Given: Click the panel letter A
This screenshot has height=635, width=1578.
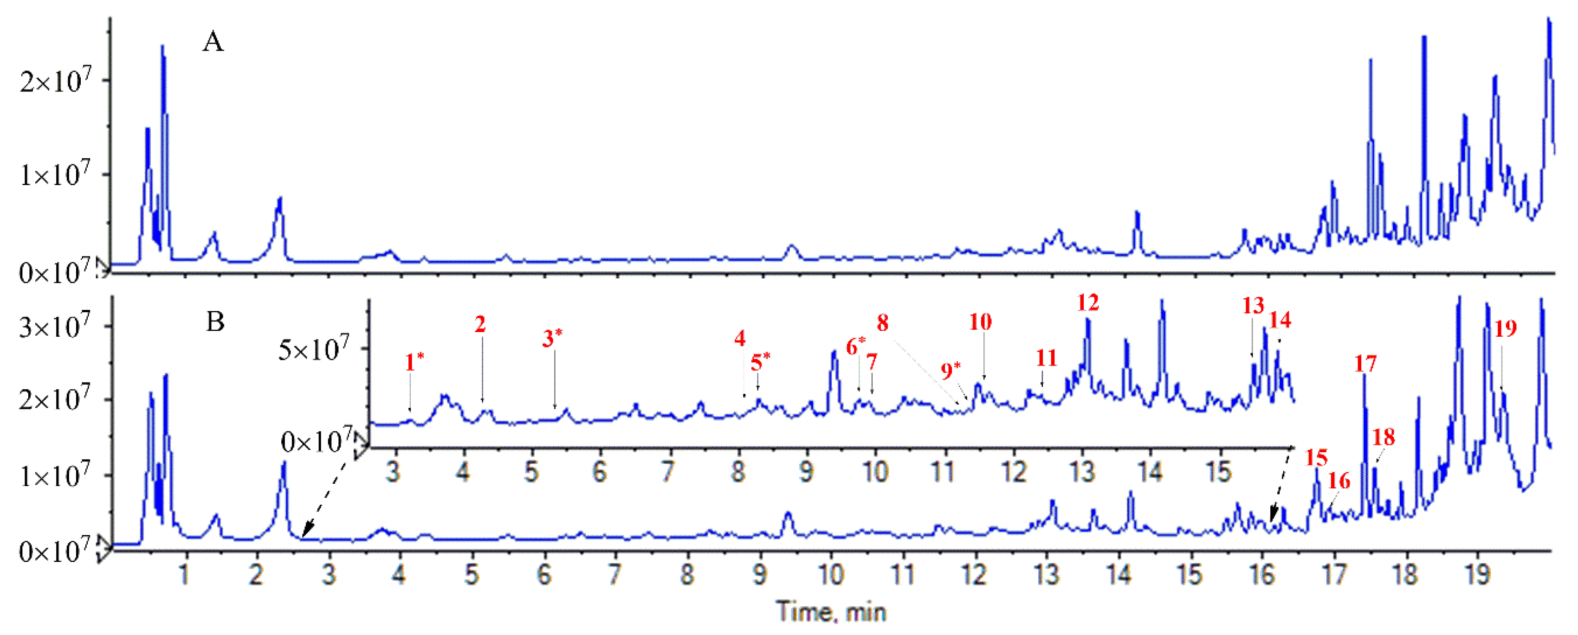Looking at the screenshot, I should pos(213,43).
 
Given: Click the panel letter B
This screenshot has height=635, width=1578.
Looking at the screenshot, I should pos(215,321).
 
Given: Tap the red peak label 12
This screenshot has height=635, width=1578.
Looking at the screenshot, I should pos(1088,302).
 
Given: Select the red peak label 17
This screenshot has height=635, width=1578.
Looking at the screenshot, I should pos(1365,364).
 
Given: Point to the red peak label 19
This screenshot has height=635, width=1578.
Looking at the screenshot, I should pos(1506,329).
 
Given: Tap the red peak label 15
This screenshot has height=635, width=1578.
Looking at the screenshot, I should pos(1316,457).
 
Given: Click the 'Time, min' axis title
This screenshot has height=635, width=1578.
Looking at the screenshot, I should pos(831,612).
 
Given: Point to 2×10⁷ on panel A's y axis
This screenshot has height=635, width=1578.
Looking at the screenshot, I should pos(55,80).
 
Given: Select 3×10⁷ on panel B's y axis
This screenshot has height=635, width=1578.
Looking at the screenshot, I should pos(55,327).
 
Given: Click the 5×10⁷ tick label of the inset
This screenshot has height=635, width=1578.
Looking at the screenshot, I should pos(314,350).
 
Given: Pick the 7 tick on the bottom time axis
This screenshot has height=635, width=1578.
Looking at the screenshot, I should pos(615,575).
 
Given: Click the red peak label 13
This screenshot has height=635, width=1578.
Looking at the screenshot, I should pos(1253,305).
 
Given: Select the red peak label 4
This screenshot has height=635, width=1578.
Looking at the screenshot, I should pos(740,338).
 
